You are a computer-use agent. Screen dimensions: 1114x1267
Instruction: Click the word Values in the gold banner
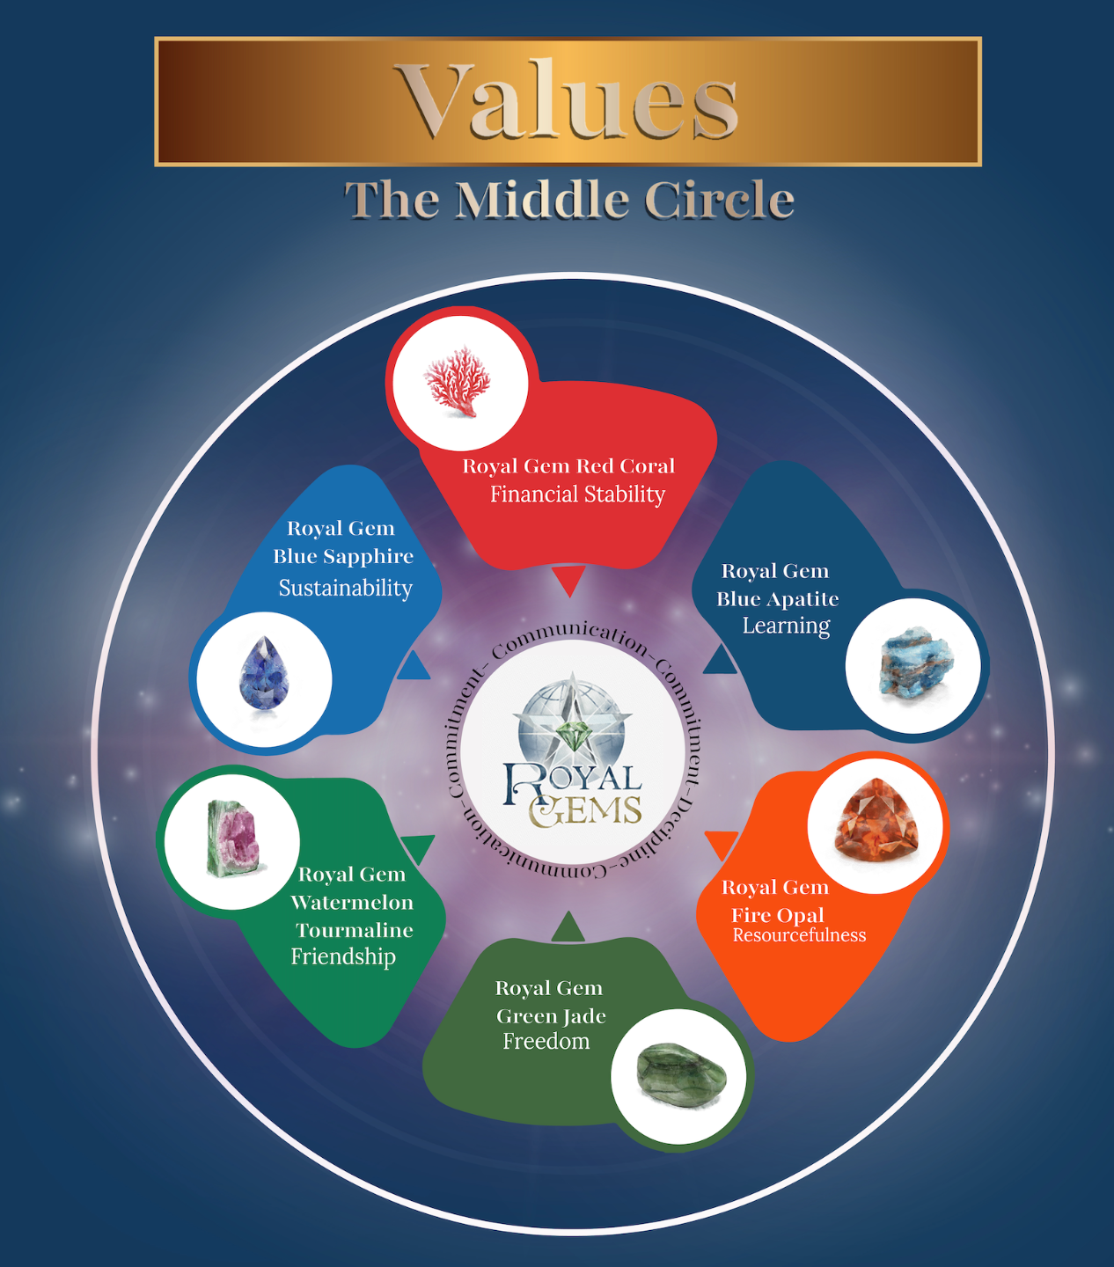point(568,101)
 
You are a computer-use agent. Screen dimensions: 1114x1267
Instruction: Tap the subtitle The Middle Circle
point(568,200)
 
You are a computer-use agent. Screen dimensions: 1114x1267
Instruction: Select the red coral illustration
point(458,382)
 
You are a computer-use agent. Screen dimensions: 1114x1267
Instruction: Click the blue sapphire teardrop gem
point(264,677)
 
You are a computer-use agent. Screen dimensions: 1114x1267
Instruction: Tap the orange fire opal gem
point(876,821)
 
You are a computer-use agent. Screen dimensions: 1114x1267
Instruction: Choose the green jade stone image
point(681,1075)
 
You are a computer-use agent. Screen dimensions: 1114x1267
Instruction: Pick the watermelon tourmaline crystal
point(232,839)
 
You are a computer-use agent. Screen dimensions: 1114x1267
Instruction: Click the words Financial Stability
point(577,494)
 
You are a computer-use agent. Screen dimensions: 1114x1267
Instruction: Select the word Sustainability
point(345,588)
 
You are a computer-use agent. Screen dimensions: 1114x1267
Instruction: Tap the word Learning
point(786,626)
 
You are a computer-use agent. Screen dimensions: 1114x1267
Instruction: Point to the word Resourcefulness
point(799,935)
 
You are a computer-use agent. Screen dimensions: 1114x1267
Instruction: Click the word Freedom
point(546,1042)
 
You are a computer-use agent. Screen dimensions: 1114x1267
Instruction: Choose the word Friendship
point(343,956)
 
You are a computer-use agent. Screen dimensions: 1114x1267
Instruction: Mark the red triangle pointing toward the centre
point(569,581)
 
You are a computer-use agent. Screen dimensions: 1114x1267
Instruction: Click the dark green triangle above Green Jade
point(568,928)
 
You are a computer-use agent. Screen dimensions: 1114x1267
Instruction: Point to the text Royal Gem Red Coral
point(568,466)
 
